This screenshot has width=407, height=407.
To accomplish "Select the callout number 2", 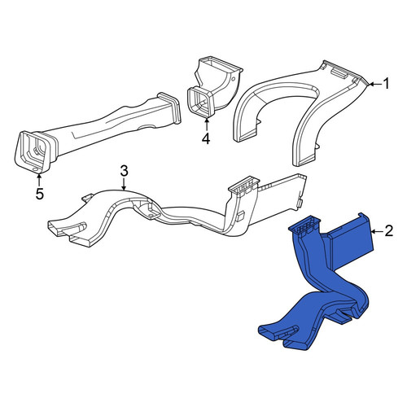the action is (389, 231).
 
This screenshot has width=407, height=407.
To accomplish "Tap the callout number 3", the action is (124, 172).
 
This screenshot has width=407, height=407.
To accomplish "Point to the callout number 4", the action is (206, 139).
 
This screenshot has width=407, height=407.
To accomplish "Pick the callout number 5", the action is (39, 194).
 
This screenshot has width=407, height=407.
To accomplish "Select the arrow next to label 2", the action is (377, 231).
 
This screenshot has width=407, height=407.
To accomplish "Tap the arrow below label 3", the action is (124, 185).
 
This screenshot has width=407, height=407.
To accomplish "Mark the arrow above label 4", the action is (207, 125).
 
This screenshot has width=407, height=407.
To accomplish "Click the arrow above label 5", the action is (39, 179).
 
